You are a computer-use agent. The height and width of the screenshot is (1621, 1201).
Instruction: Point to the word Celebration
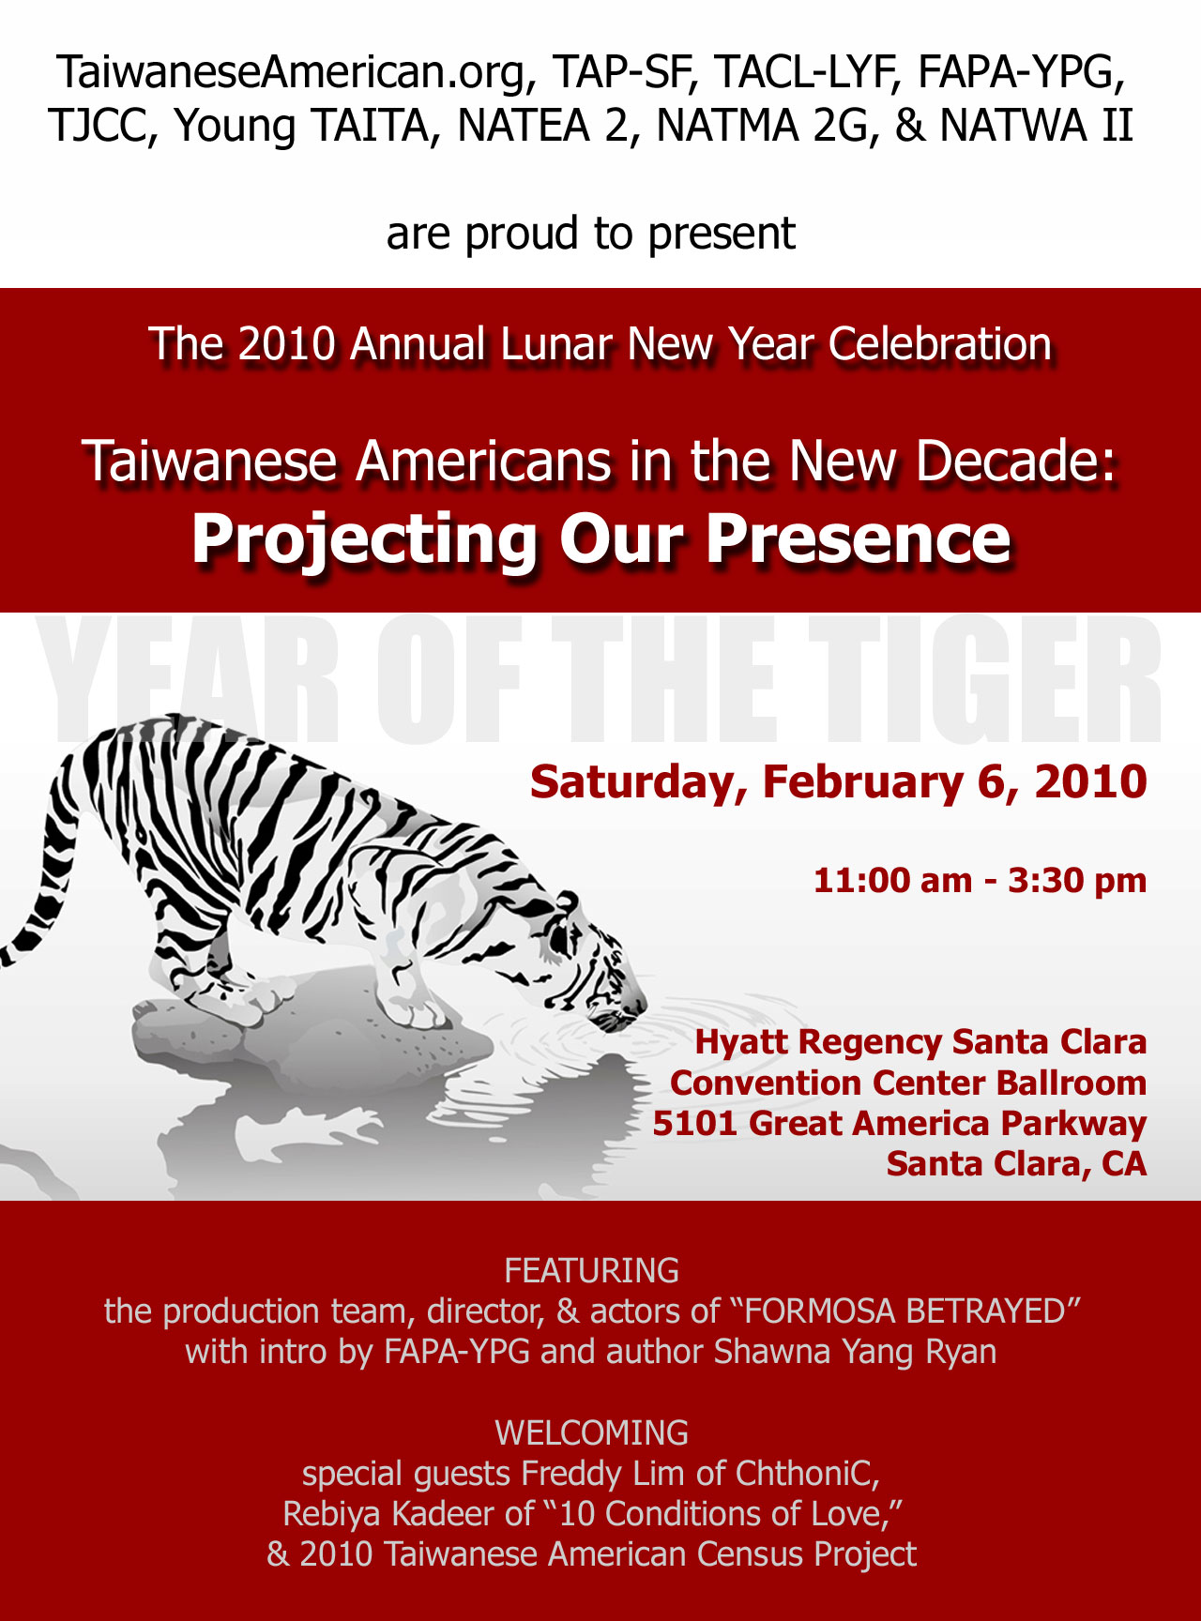939,344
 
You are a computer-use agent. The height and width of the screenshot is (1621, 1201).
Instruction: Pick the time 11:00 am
892,881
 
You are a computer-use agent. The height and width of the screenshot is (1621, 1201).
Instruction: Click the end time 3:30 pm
1077,881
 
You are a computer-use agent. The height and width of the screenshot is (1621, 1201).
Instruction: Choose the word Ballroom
1071,1083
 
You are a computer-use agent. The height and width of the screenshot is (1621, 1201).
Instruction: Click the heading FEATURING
591,1270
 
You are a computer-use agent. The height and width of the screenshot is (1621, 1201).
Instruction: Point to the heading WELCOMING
591,1432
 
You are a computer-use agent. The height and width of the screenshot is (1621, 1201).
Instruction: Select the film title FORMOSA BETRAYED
905,1310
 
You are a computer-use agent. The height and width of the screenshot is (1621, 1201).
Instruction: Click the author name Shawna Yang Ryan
855,1352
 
